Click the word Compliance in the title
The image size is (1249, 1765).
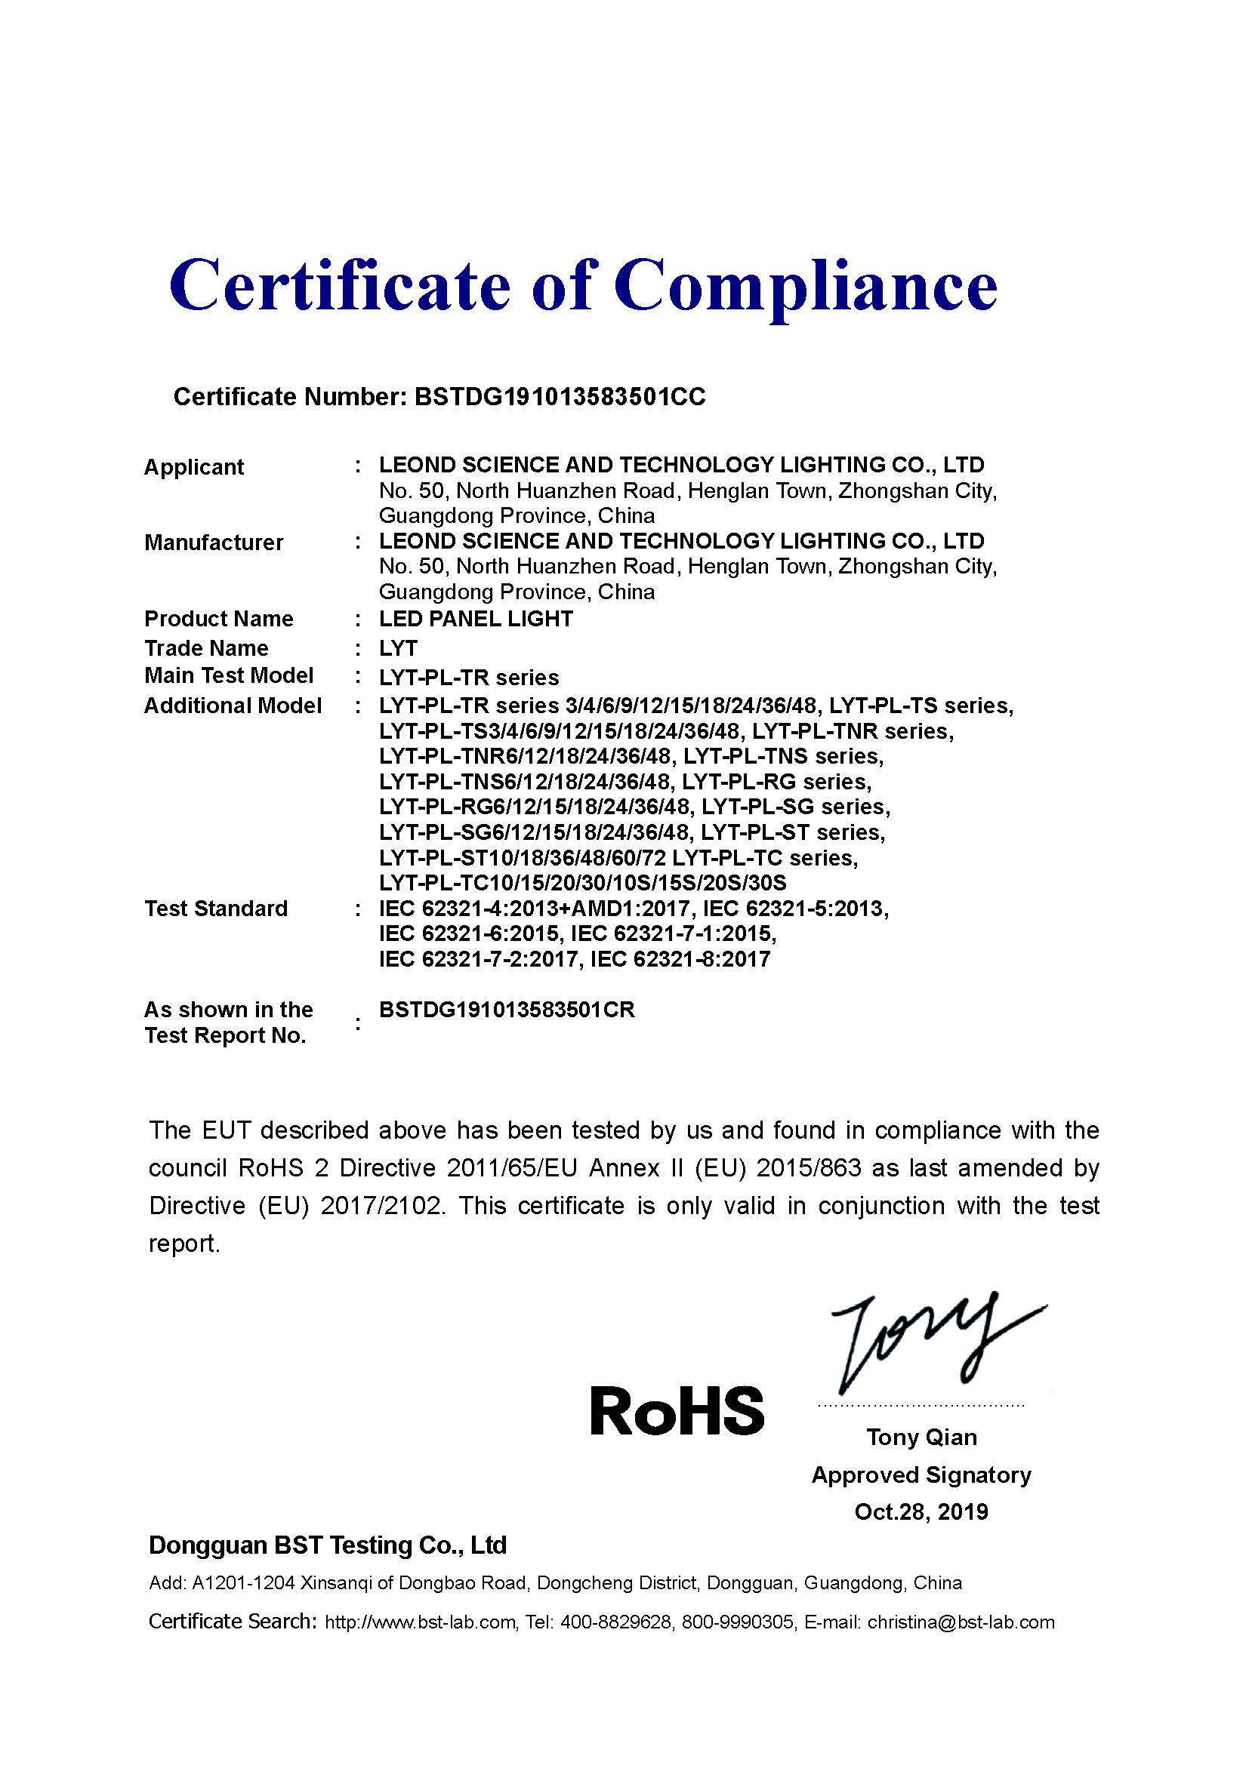[x=804, y=286]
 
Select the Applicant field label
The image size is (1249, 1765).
[x=194, y=466]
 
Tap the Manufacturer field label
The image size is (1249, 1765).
[x=214, y=542]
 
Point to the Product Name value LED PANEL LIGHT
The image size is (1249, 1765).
[x=476, y=619]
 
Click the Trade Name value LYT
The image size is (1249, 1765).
[x=399, y=648]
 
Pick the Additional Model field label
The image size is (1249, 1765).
[x=233, y=706]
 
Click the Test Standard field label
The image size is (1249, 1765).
[x=216, y=909]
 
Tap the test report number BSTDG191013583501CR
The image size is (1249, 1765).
[x=507, y=1010]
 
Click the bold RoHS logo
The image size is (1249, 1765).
[x=677, y=1411]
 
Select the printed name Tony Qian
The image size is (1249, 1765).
[x=921, y=1437]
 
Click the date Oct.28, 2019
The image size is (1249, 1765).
[x=921, y=1512]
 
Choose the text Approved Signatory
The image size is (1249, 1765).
[x=921, y=1474]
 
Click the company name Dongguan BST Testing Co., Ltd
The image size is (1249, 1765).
[x=328, y=1545]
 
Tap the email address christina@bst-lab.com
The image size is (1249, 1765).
[x=961, y=1622]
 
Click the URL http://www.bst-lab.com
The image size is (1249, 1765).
[x=420, y=1622]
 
